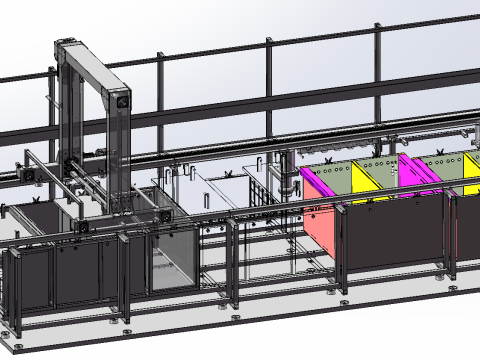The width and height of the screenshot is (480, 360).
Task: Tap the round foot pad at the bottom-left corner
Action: (17, 346)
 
